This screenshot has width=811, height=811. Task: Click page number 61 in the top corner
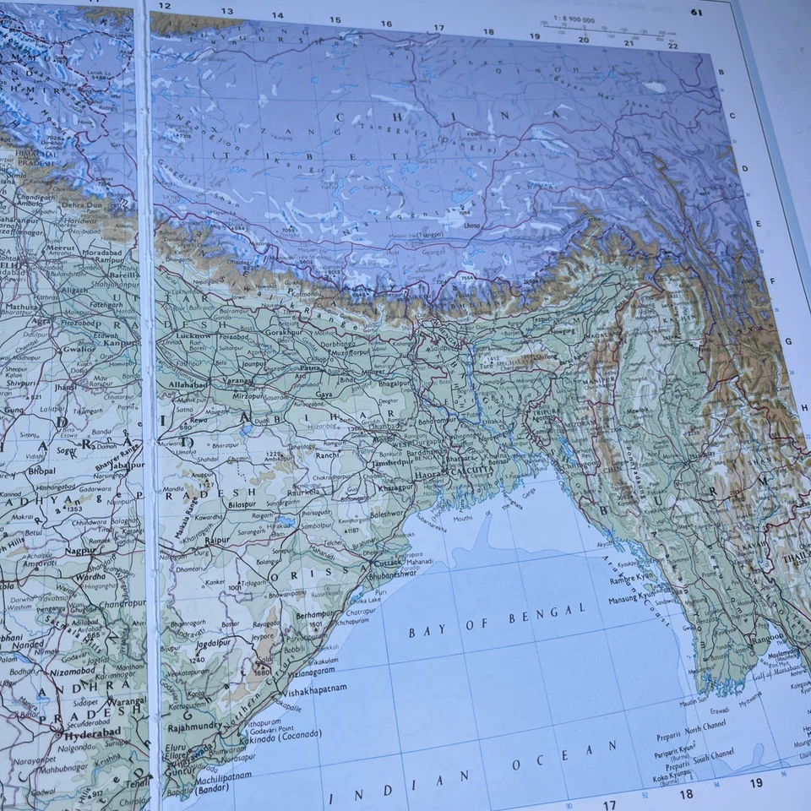[696, 12]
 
